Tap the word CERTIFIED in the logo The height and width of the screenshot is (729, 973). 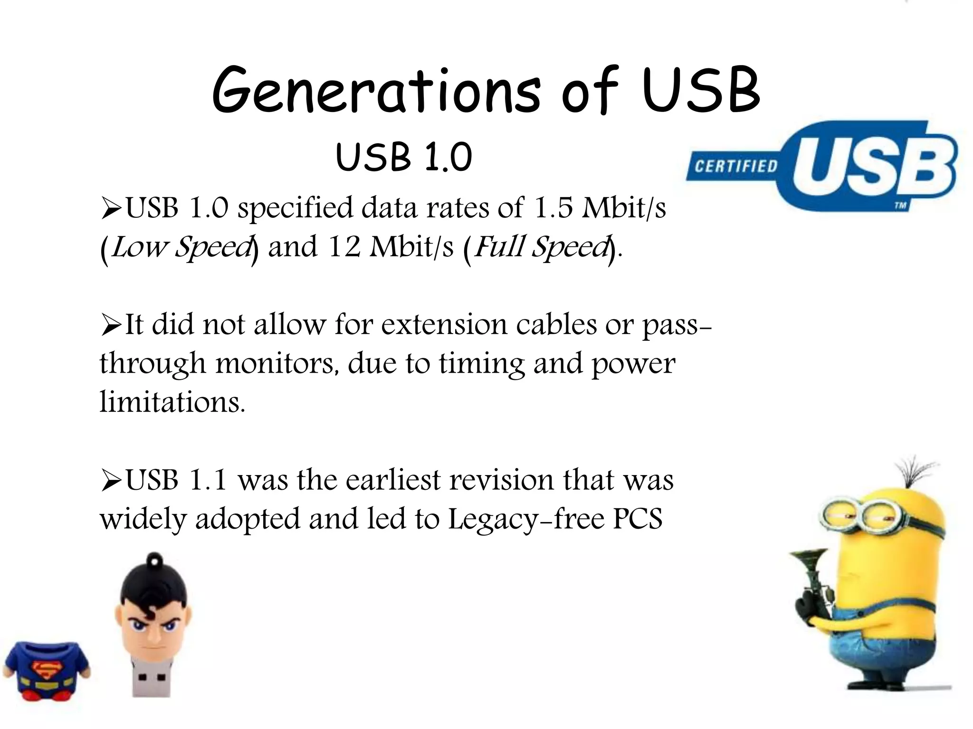pos(736,166)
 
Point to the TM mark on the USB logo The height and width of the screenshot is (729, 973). pos(900,206)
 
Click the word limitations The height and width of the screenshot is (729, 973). pos(172,402)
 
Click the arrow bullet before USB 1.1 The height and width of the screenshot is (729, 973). pos(111,481)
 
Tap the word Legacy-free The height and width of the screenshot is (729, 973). pos(526,519)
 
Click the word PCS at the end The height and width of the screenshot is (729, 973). pos(638,519)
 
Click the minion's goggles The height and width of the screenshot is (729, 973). pos(855,515)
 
